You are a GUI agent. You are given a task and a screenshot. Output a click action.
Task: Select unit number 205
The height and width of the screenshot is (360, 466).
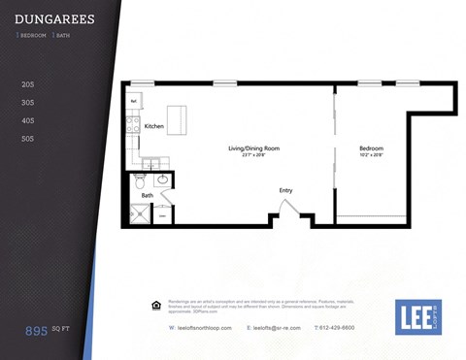click(x=27, y=84)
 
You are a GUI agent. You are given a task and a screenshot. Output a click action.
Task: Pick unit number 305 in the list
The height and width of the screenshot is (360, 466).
click(x=27, y=102)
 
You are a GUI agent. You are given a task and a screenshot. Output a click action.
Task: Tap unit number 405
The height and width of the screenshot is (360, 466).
click(x=27, y=120)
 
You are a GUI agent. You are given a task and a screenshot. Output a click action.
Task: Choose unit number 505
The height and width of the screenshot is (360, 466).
click(x=27, y=139)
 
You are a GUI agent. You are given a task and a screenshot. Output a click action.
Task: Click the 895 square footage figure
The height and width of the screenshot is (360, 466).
click(x=37, y=331)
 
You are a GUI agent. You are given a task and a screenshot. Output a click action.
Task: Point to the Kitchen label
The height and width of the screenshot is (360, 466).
click(x=154, y=127)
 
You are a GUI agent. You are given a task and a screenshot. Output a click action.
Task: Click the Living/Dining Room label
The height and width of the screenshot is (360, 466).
click(x=253, y=147)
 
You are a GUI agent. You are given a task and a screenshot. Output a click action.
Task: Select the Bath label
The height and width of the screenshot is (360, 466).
click(x=147, y=195)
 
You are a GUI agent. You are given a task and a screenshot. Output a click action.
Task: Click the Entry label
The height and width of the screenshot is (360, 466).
click(x=285, y=190)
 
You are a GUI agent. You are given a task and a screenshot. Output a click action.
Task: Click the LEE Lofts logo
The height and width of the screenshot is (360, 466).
click(x=417, y=316)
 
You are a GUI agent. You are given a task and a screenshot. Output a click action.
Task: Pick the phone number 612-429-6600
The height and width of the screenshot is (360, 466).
click(x=361, y=328)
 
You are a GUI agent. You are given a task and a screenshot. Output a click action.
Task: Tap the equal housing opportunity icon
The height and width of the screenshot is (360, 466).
click(x=158, y=304)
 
